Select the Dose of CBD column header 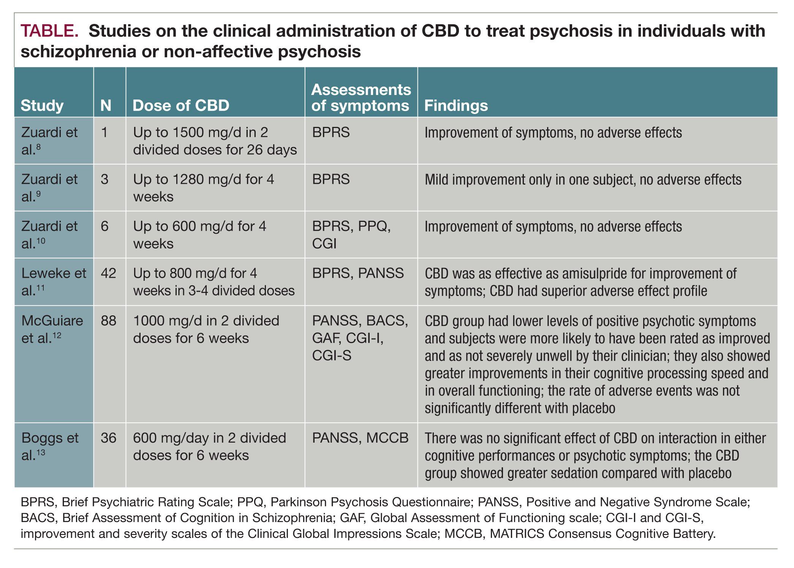(181, 106)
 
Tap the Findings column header (456, 106)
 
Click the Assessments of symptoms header (361, 98)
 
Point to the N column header (106, 106)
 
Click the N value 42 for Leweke (108, 273)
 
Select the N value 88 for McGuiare (108, 321)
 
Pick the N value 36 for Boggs (108, 438)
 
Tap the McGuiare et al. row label (52, 329)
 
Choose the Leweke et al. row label (54, 282)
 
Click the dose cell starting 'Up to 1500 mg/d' (215, 141)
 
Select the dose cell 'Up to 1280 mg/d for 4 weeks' (203, 188)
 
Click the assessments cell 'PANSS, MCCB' (360, 438)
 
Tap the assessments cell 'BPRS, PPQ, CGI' (351, 235)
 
